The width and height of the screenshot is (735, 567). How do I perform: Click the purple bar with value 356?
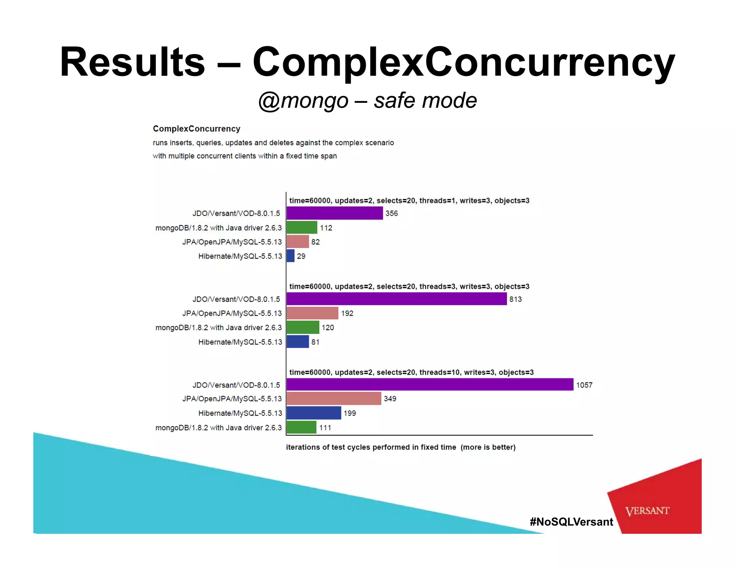[334, 213]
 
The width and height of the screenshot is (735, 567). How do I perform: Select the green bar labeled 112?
[302, 228]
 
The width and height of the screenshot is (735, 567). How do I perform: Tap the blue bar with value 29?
[290, 256]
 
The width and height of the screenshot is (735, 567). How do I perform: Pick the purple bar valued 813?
[397, 299]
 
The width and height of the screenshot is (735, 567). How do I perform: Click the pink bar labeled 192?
[312, 313]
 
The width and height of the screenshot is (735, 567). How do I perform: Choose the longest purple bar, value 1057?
[430, 385]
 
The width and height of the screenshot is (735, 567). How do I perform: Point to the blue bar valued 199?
[314, 413]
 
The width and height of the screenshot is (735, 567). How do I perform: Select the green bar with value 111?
[301, 427]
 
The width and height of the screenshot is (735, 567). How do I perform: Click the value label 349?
[390, 399]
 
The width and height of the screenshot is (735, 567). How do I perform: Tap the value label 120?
[328, 328]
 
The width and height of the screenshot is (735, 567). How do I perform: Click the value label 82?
[315, 242]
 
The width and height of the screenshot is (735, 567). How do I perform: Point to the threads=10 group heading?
[411, 372]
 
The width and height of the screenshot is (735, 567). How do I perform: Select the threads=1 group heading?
[409, 201]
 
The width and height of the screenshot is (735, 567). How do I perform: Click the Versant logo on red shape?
[647, 511]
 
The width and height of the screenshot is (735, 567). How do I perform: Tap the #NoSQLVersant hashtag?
[571, 522]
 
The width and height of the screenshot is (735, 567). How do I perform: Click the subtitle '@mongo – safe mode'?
[367, 101]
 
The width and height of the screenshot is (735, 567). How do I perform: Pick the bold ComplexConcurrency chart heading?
[196, 129]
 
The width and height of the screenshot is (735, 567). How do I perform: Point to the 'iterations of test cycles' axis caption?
[401, 447]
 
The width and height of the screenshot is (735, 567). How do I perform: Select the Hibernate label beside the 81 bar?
[240, 342]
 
